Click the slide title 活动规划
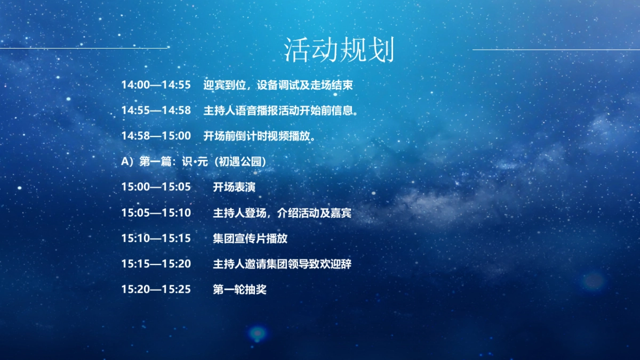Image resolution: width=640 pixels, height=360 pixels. point(339,50)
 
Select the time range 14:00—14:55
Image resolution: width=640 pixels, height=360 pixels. point(156,85)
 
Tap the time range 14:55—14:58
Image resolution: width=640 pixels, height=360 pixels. point(156,110)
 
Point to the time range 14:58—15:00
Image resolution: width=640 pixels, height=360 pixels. point(156,136)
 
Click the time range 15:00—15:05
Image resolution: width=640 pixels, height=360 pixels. point(156,187)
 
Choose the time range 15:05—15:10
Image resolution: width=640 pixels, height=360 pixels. point(156,213)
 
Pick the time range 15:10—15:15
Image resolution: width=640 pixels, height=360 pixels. point(156,238)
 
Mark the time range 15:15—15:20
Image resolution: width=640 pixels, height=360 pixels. point(156,264)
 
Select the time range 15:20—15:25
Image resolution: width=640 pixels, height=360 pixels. point(156,290)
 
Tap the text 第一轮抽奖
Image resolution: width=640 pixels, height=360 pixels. point(239,290)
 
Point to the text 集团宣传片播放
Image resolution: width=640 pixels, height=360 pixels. point(250,238)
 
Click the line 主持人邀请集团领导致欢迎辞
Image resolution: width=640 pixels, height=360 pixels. point(282,264)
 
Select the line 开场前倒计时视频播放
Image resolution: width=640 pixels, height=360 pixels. point(260,136)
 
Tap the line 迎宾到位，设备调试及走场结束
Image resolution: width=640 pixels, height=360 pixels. point(278,85)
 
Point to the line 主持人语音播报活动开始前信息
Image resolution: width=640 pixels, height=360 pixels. point(280,110)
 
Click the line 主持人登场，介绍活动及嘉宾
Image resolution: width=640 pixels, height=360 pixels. point(282,213)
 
